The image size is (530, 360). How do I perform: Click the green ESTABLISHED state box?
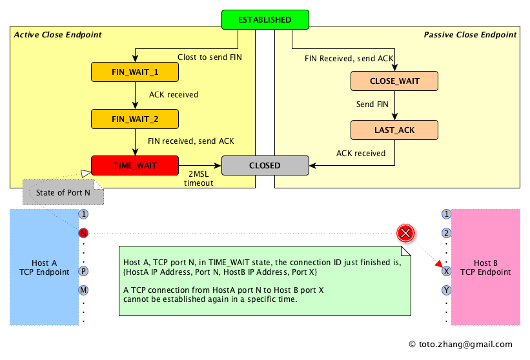[265, 20]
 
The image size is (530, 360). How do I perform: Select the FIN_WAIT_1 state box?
[135, 72]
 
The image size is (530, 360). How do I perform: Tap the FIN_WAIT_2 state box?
[135, 119]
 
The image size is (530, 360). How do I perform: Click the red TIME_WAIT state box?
[135, 165]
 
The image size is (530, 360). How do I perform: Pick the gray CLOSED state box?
[265, 165]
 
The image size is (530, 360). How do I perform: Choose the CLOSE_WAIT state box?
[394, 81]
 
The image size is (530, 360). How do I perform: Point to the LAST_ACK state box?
[394, 130]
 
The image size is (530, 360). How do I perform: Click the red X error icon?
[405, 233]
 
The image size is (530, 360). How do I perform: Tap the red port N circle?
[83, 233]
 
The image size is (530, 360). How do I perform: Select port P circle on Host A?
[83, 272]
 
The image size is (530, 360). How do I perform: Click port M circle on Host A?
[83, 290]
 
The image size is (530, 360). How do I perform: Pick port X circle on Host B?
[446, 272]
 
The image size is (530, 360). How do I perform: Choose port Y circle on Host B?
[446, 290]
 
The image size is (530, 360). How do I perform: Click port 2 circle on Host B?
[446, 233]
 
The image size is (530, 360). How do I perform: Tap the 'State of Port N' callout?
[63, 192]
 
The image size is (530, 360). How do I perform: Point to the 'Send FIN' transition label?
[372, 105]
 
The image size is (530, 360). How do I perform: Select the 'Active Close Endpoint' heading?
[57, 34]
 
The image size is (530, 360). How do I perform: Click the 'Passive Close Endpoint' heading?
[470, 34]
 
